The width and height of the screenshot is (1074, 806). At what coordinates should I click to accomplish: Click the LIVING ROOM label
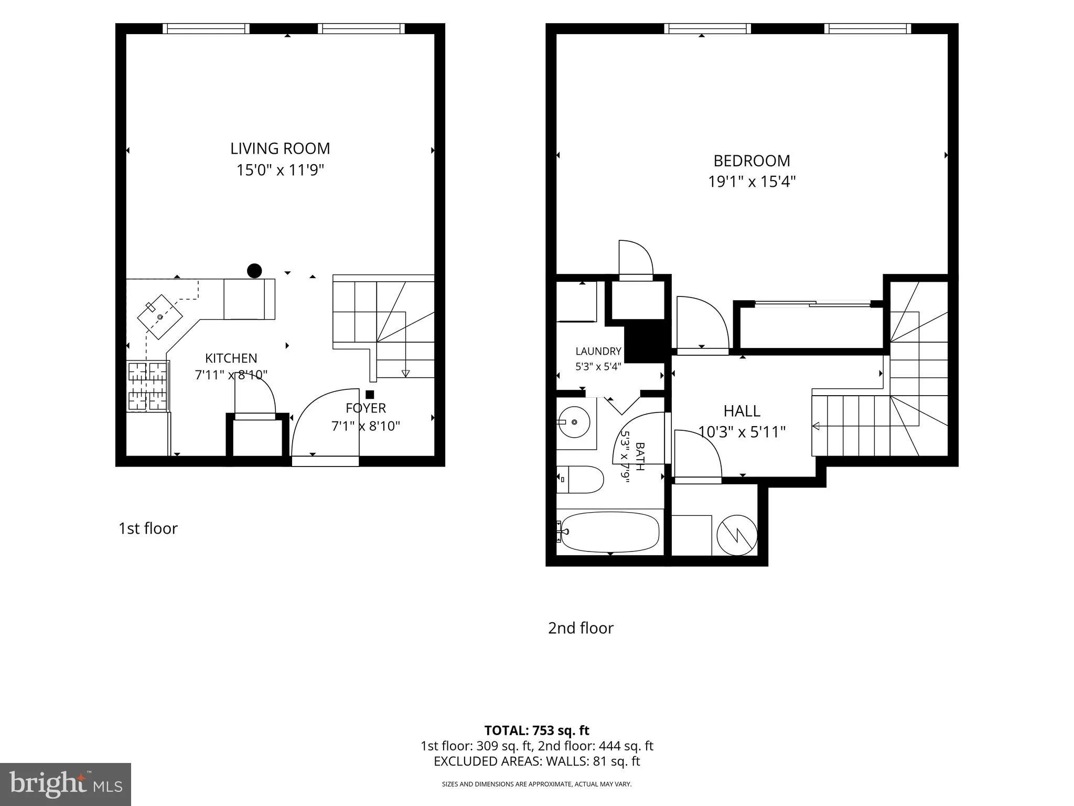click(x=280, y=149)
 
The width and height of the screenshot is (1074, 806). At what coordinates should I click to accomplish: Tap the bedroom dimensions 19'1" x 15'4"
click(x=752, y=182)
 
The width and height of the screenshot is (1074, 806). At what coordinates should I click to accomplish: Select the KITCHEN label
click(x=231, y=358)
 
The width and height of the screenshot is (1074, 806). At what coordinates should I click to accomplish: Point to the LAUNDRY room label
click(x=598, y=351)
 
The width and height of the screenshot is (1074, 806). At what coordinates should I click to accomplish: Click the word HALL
click(x=742, y=411)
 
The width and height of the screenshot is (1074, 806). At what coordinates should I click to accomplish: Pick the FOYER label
click(x=366, y=408)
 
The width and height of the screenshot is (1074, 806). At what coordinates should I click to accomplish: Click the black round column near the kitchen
click(x=254, y=271)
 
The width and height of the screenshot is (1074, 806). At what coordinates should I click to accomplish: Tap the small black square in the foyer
click(x=370, y=395)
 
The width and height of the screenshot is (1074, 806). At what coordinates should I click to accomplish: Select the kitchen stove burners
click(x=148, y=386)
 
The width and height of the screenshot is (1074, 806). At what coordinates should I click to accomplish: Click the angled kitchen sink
click(x=160, y=317)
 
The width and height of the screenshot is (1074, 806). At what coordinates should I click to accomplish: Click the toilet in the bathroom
click(x=580, y=480)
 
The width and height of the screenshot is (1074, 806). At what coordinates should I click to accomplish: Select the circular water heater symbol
click(x=737, y=535)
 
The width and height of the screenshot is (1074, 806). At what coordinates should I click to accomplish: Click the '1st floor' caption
click(x=148, y=528)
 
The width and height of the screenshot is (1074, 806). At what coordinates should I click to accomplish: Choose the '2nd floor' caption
click(x=581, y=628)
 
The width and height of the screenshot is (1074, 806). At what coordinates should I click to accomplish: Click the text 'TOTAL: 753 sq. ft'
click(x=536, y=730)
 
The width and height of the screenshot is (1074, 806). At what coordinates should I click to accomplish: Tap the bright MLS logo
click(x=66, y=784)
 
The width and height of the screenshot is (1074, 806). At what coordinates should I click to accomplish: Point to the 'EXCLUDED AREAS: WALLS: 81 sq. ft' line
click(x=536, y=761)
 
